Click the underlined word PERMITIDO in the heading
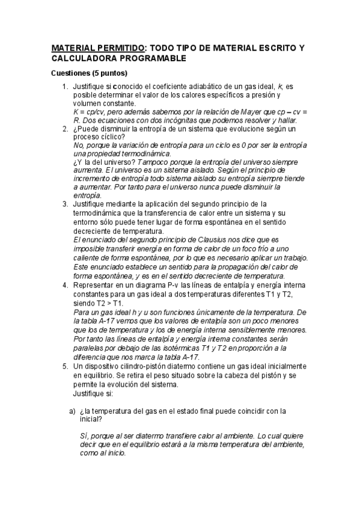(117, 48)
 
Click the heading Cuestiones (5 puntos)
(89, 73)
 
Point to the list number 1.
(65, 87)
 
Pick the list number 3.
(65, 204)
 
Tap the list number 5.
(65, 366)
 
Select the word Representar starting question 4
(96, 285)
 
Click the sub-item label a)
(72, 411)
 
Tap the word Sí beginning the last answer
(84, 435)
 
